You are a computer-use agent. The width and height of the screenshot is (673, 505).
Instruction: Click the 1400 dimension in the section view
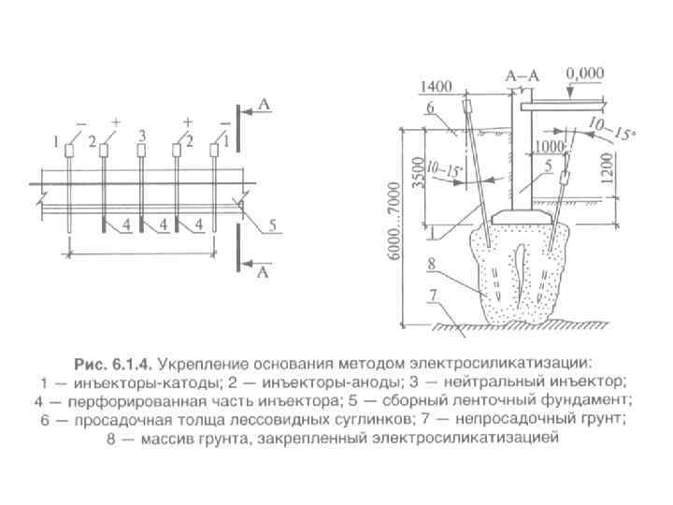pos(437,86)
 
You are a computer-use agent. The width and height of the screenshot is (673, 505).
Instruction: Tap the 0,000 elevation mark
pos(585,71)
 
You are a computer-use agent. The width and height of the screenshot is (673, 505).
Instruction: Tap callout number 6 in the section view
pos(430,108)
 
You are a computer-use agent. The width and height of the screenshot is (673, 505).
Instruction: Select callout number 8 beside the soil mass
pos(431,265)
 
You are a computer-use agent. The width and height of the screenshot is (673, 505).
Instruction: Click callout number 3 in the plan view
pos(141,136)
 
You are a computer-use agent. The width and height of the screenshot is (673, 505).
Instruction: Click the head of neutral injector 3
pos(141,151)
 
